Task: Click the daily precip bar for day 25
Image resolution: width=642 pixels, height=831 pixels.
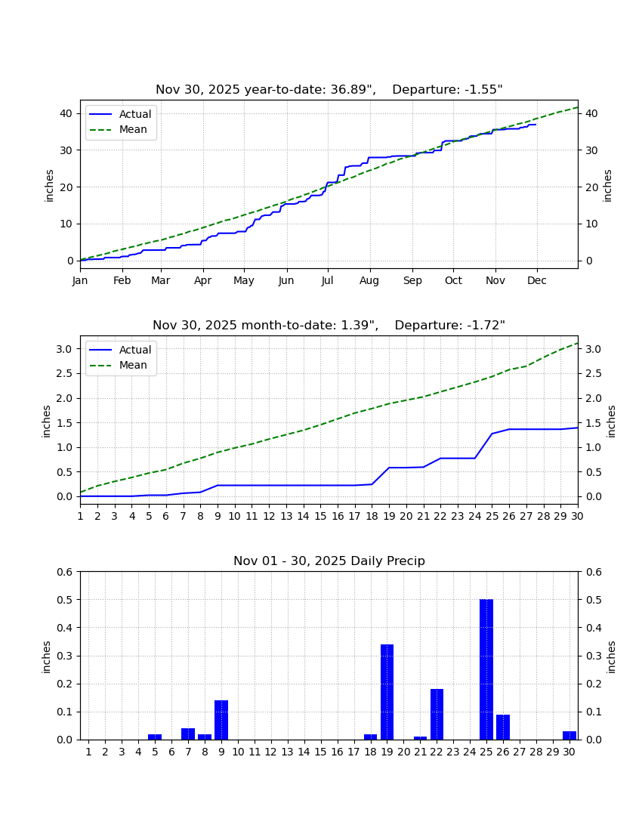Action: (x=486, y=669)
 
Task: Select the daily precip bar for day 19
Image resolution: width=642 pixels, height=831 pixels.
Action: (x=387, y=692)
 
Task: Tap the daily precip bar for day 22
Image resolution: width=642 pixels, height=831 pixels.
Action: (x=437, y=715)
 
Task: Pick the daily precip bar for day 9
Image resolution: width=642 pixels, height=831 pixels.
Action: (x=221, y=720)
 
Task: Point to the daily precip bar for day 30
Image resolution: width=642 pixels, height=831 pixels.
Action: (x=569, y=736)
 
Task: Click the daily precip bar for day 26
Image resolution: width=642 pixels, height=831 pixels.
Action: (x=503, y=727)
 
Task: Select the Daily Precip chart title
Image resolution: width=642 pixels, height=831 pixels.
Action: (x=329, y=561)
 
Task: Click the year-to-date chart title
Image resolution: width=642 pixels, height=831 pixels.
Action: (x=329, y=90)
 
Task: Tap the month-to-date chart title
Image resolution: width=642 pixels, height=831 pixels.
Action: (x=329, y=325)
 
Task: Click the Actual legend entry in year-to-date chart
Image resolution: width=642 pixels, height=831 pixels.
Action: (x=120, y=114)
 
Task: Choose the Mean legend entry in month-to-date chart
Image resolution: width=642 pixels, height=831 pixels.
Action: (x=118, y=365)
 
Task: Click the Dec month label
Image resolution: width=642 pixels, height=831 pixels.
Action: (x=536, y=280)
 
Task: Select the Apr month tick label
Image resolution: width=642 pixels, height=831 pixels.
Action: (x=203, y=280)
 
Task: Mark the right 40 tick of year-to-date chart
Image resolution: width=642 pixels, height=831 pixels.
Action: (x=591, y=114)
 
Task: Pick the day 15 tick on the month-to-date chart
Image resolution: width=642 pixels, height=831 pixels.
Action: (x=320, y=516)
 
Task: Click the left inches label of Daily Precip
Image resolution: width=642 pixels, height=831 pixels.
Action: (x=46, y=657)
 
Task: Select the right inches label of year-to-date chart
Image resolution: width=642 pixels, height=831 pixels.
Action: (x=607, y=186)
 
